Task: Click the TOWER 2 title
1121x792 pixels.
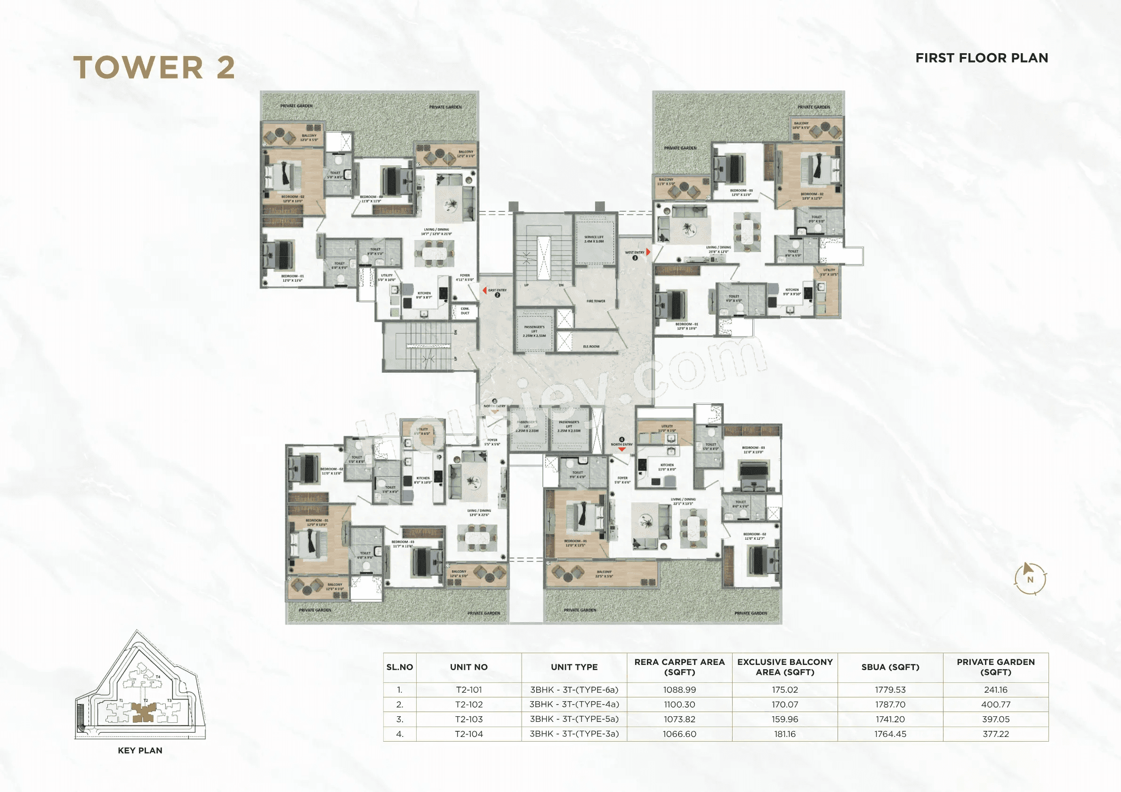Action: pos(154,67)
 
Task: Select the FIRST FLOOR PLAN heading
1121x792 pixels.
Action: pos(981,58)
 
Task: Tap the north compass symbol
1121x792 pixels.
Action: pos(1030,579)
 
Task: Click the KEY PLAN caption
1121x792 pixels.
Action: pos(140,751)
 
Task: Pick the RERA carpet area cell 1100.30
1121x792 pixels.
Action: pos(679,704)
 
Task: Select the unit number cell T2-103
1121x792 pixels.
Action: pos(469,719)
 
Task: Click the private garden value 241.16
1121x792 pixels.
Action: pos(995,689)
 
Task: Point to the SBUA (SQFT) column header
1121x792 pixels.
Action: pos(890,667)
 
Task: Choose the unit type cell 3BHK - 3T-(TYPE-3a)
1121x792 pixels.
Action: pos(574,734)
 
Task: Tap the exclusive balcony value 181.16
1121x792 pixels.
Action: pos(784,734)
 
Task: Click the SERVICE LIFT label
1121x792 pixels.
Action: pos(594,239)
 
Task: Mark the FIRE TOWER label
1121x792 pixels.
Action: pos(596,301)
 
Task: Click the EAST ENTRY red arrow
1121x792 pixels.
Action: pos(484,290)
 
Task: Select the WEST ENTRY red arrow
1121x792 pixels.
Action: pos(648,252)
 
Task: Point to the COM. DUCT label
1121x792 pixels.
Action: pos(465,311)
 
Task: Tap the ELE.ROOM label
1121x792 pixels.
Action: pos(591,346)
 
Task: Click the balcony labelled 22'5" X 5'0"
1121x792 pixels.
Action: pos(604,574)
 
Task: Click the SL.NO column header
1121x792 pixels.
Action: pos(399,667)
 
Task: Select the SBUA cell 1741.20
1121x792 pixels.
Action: pos(890,719)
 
